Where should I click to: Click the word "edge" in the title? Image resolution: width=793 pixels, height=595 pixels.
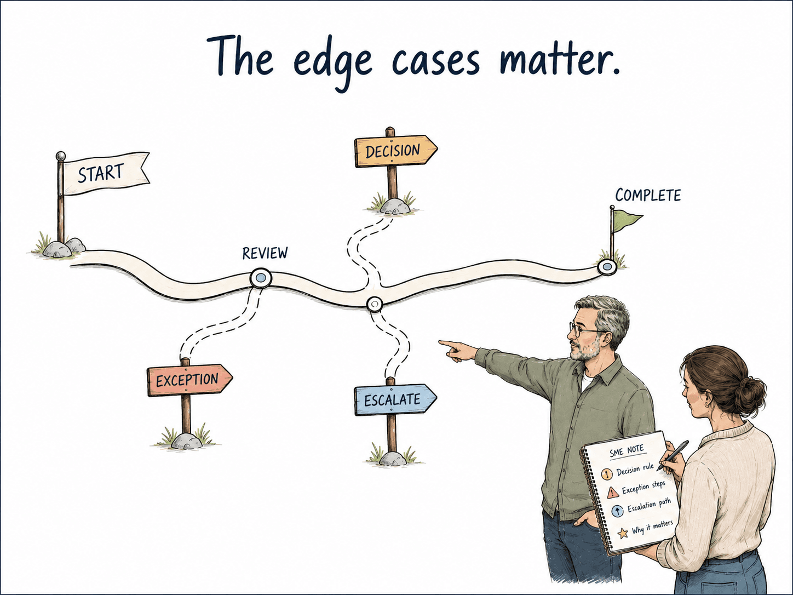(x=332, y=61)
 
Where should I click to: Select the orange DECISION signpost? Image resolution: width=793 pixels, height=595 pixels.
(x=395, y=151)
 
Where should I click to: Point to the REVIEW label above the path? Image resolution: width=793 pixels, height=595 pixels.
(x=265, y=254)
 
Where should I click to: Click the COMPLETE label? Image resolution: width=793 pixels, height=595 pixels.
(x=648, y=196)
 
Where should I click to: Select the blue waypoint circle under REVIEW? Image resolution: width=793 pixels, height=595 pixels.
(x=261, y=278)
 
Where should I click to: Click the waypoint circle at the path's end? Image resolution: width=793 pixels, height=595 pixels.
(x=606, y=267)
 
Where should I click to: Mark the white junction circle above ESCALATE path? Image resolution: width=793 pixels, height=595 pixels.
(x=374, y=304)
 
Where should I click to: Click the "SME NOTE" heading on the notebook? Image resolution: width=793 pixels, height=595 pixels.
(x=627, y=451)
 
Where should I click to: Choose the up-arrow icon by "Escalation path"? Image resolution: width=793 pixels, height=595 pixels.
(x=617, y=511)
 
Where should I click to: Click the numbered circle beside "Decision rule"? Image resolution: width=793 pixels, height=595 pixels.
(x=607, y=473)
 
